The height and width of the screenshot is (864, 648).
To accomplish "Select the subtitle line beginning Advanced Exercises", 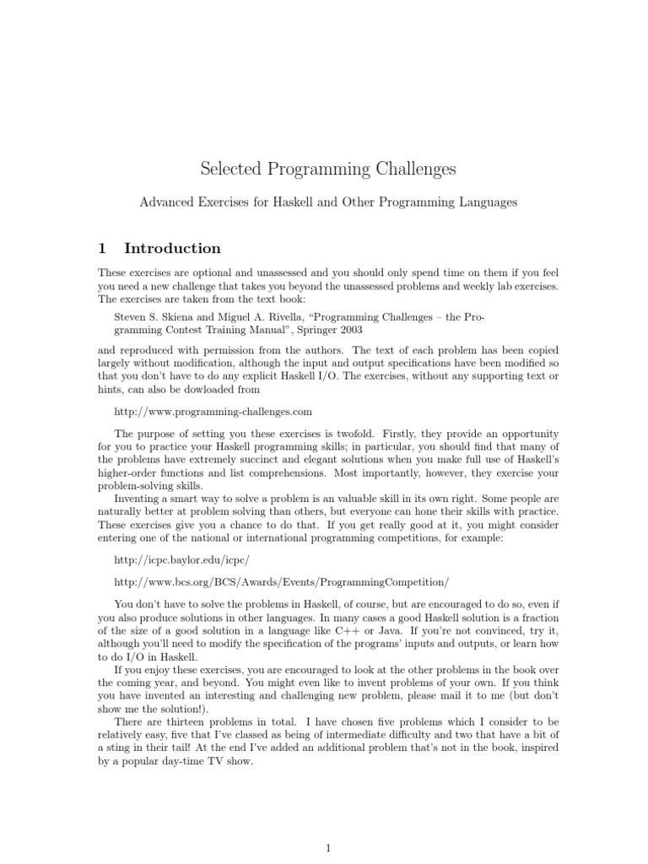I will [328, 202].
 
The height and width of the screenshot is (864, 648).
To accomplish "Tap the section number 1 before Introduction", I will [102, 248].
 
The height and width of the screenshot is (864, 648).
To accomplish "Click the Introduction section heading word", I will [172, 248].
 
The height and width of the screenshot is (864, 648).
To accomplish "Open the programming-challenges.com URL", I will [213, 412].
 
